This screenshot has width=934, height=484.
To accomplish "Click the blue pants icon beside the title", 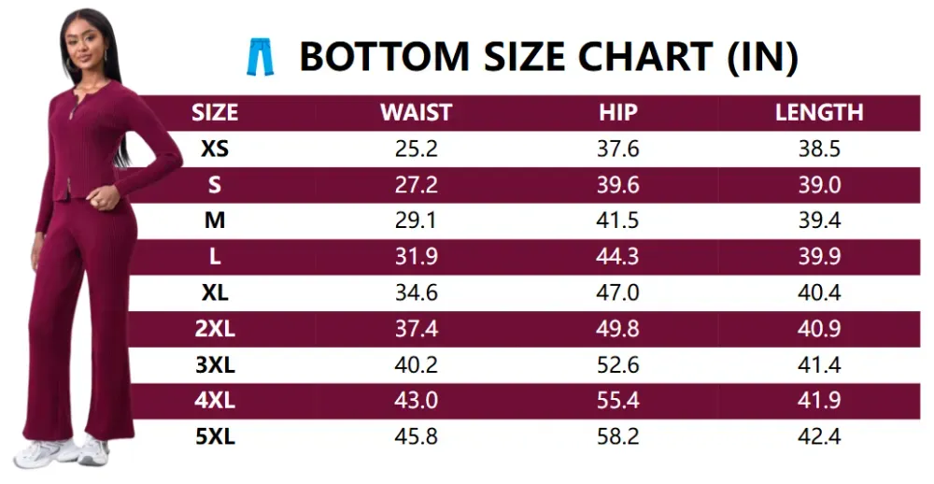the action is tap(261, 57).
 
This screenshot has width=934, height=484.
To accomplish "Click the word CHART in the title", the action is tap(645, 57).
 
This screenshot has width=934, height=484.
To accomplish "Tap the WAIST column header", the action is tap(416, 113).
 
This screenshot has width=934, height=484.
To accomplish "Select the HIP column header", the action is tap(617, 113).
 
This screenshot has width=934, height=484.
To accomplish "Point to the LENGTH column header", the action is tap(819, 113).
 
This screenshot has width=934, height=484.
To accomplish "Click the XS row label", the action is tap(215, 149).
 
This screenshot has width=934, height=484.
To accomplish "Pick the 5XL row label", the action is tap(215, 436).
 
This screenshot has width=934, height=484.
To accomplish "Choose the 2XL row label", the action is tap(215, 329).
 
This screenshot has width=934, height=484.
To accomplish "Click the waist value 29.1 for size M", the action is tap(416, 221).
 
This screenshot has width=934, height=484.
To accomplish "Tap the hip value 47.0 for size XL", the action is tap(617, 292).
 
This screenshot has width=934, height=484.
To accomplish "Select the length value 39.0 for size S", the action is tap(819, 185).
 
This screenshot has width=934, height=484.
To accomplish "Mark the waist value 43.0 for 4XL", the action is tap(416, 400).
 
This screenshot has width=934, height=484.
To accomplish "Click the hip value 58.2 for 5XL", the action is tap(617, 436).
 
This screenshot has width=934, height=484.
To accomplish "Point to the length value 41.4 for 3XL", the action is tap(819, 364).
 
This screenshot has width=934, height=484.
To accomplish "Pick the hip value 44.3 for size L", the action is tap(617, 256).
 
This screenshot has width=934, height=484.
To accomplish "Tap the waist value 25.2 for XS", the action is tap(416, 149).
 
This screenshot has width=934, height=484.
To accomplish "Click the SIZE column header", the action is tap(215, 113).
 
